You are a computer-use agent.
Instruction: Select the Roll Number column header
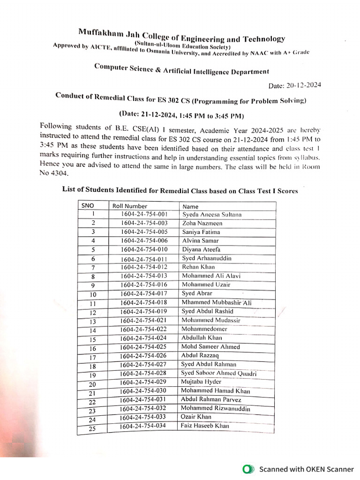click(x=130, y=206)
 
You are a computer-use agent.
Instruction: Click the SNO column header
click(x=88, y=205)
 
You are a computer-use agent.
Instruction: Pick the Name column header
click(x=190, y=206)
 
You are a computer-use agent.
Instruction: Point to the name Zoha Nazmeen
click(x=202, y=223)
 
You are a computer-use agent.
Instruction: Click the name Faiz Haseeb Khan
click(x=205, y=426)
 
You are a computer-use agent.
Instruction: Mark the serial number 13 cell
click(x=92, y=322)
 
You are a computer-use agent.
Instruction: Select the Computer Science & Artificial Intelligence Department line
click(x=182, y=69)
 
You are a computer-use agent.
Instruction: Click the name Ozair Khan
click(x=196, y=417)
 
